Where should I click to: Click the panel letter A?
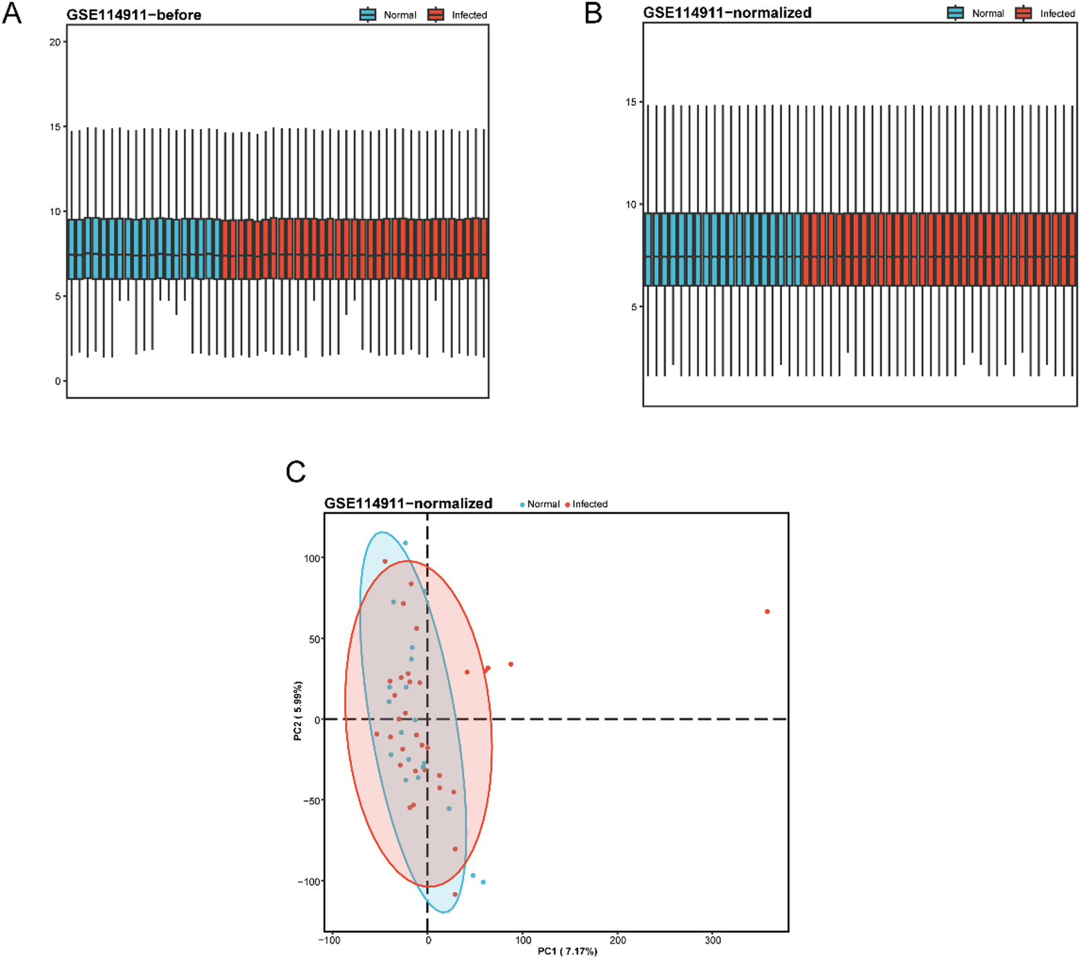[x=12, y=13]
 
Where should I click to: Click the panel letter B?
[x=593, y=13]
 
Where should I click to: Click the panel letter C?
[x=296, y=472]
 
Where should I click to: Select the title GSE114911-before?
[x=133, y=15]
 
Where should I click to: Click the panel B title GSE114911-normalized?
[x=727, y=12]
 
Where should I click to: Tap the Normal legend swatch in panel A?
[x=368, y=15]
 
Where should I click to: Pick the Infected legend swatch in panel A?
[x=436, y=15]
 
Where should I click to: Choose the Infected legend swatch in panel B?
[x=1023, y=13]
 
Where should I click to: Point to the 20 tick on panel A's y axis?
[x=55, y=42]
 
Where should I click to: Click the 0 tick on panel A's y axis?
[x=58, y=381]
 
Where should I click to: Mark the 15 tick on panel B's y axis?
[x=631, y=102]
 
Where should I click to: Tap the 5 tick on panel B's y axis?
[x=633, y=307]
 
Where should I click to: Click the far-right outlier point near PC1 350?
[x=767, y=612]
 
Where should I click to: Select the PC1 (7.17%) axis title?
[x=567, y=951]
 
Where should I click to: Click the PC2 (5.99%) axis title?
[x=298, y=711]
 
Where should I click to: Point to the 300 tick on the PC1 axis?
[x=712, y=940]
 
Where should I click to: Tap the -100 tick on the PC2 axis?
[x=309, y=882]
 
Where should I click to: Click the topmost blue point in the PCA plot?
[x=405, y=543]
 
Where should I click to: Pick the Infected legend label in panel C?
[x=590, y=504]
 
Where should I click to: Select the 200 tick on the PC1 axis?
[x=617, y=940]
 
